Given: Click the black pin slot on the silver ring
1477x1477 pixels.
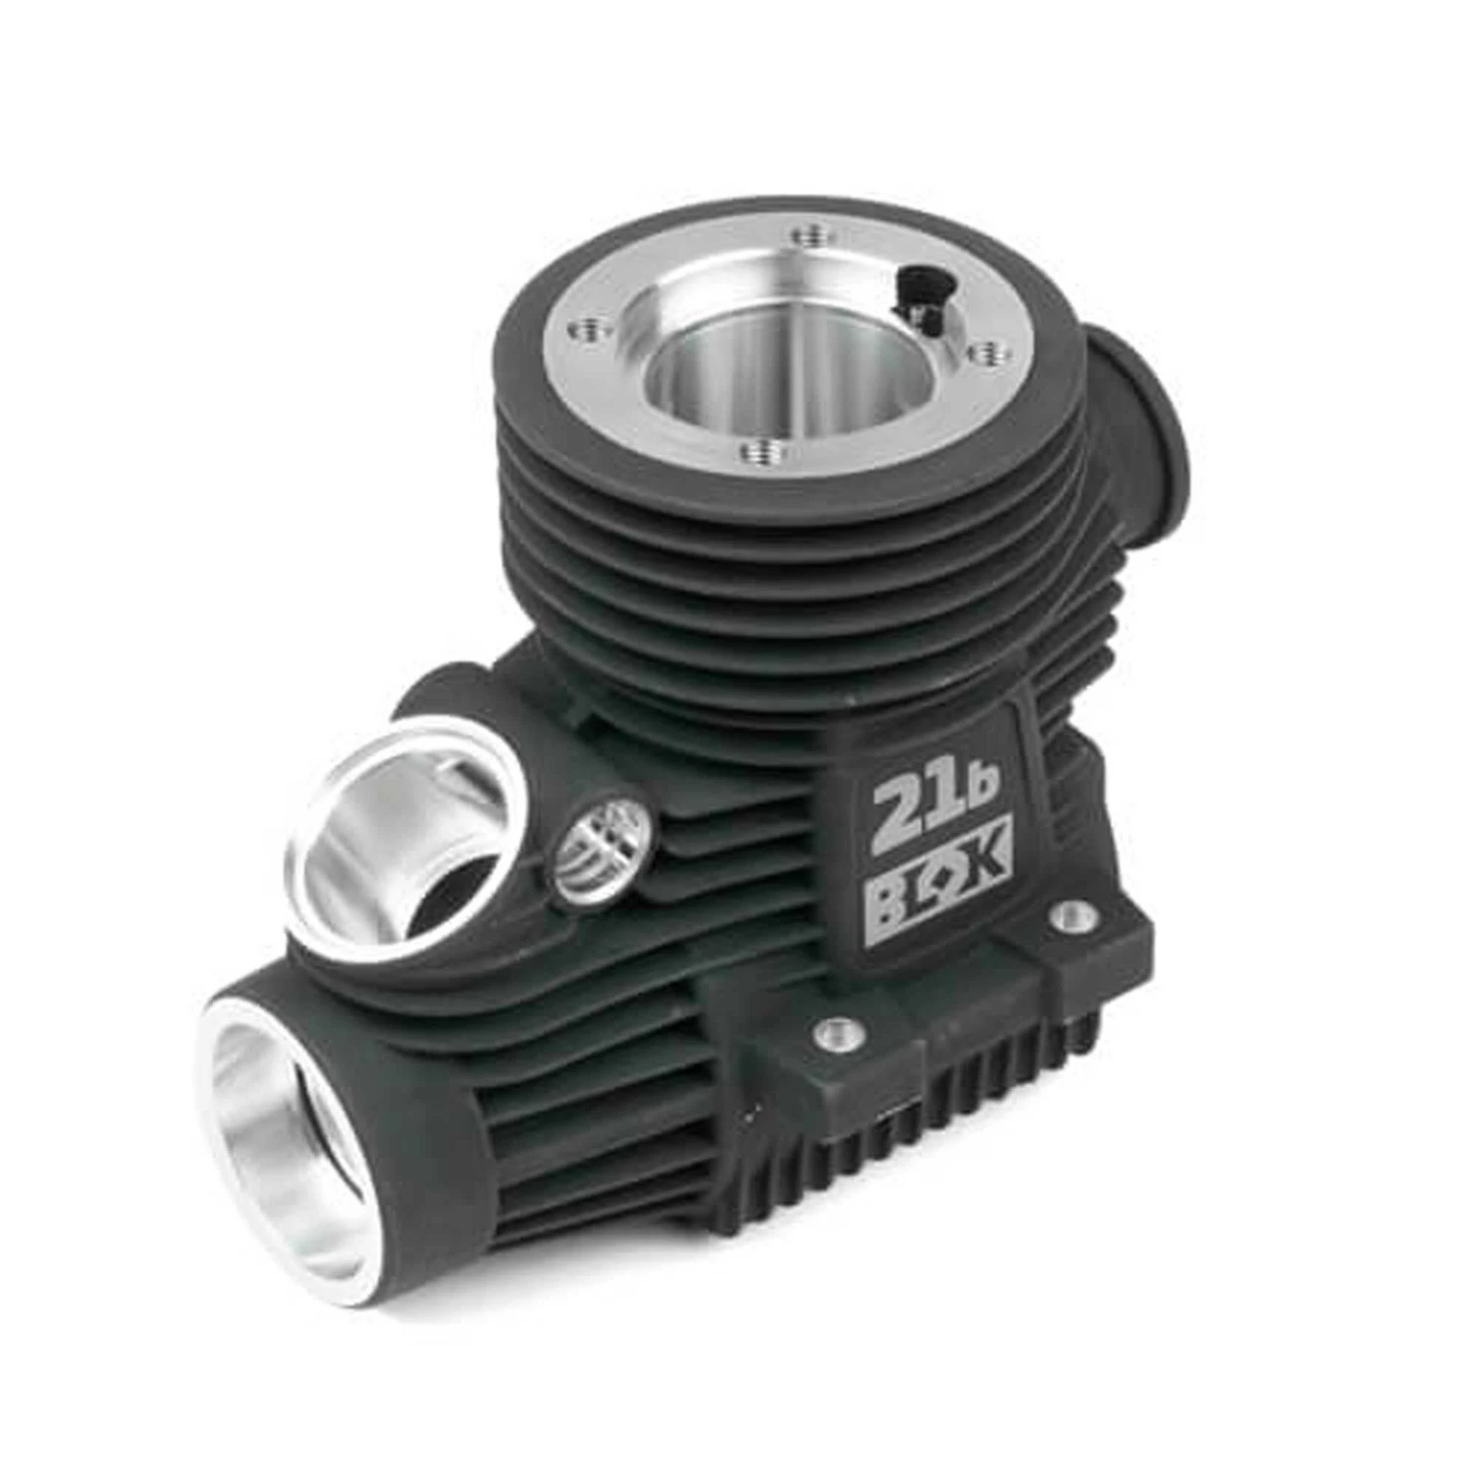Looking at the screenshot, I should (918, 295).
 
